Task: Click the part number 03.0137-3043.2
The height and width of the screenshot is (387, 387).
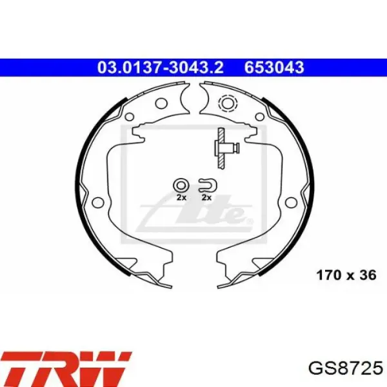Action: tap(161, 67)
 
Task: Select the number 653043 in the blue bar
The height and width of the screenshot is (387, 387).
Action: tap(274, 67)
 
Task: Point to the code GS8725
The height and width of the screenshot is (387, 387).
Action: tap(346, 369)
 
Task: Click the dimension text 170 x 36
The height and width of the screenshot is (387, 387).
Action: tap(346, 275)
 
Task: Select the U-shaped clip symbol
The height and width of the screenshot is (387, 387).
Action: tap(208, 185)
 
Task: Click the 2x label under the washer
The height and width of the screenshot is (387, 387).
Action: tap(181, 198)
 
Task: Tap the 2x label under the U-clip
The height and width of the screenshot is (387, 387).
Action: tap(206, 198)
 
